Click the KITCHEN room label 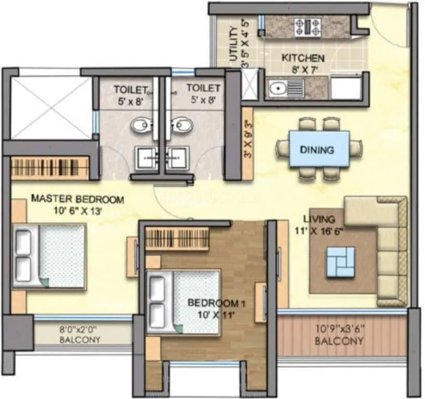[x=303, y=58]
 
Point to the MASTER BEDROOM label [x=77, y=199]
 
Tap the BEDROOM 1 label [x=209, y=302]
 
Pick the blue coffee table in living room [x=340, y=261]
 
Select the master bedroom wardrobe [x=50, y=168]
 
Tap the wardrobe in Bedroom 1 [x=176, y=239]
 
